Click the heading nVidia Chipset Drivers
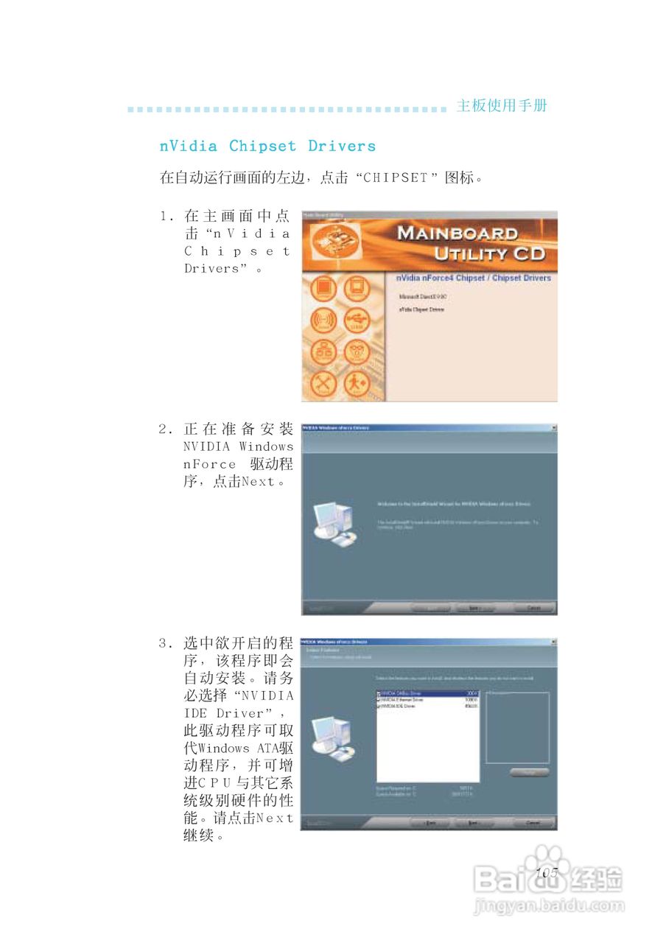[x=267, y=146]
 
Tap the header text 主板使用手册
[x=502, y=105]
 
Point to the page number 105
[x=547, y=872]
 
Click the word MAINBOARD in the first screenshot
[x=458, y=234]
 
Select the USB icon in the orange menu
[x=357, y=321]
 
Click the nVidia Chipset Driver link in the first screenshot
[x=421, y=310]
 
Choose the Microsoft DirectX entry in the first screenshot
[x=422, y=296]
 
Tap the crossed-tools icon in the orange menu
[x=323, y=382]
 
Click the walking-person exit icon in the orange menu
[x=357, y=382]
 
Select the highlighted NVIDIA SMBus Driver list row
[x=427, y=693]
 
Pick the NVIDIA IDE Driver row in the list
[x=427, y=707]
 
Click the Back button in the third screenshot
[x=430, y=823]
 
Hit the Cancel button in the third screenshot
[x=534, y=823]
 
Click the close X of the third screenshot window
[x=553, y=642]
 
